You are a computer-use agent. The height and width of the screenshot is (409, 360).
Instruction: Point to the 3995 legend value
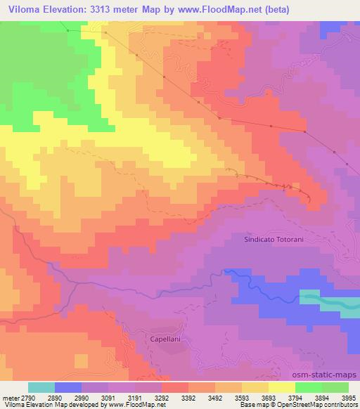click(349, 397)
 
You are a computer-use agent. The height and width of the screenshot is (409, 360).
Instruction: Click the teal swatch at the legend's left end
click(41, 387)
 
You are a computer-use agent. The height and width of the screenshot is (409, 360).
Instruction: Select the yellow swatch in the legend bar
click(281, 387)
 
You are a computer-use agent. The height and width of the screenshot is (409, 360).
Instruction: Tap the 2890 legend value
click(57, 397)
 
